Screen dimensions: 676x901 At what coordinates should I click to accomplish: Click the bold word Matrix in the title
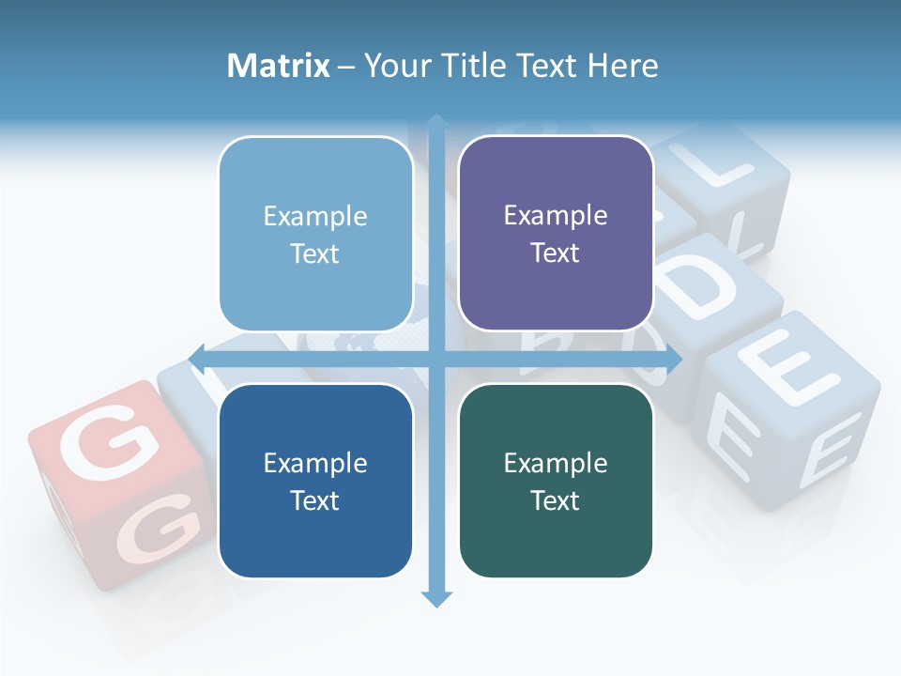click(x=279, y=66)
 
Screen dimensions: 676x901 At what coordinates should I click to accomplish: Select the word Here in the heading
click(x=622, y=66)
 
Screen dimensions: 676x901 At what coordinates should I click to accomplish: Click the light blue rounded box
click(x=315, y=234)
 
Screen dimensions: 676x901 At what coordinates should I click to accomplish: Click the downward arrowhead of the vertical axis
click(x=436, y=598)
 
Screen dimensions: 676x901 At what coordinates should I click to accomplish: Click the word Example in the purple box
click(x=556, y=215)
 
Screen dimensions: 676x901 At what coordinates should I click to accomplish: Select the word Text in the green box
click(x=556, y=500)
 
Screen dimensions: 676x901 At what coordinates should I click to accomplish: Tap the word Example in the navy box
click(x=315, y=463)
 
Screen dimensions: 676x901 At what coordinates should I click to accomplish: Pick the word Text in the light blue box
click(x=315, y=253)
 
